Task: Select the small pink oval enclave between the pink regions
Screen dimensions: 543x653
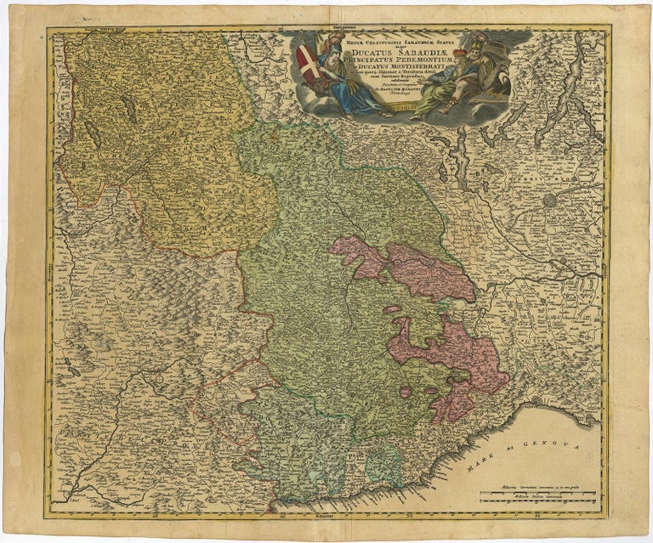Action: [391, 309]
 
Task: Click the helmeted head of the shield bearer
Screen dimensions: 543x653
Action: [328, 44]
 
